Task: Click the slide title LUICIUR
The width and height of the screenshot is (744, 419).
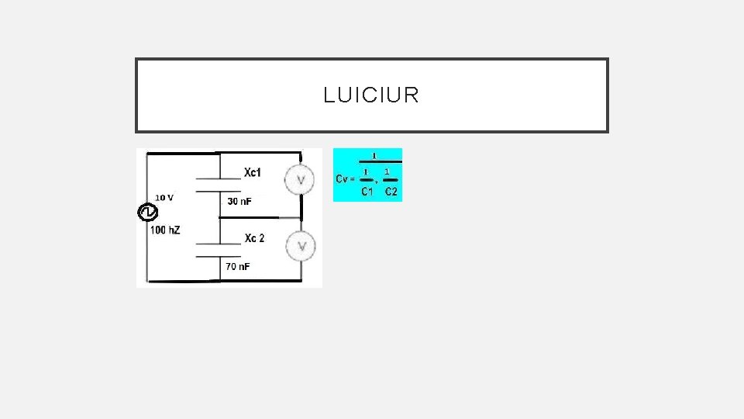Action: [x=371, y=95]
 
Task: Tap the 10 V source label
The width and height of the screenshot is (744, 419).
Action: [x=164, y=197]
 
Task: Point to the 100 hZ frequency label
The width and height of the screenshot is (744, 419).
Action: [x=165, y=230]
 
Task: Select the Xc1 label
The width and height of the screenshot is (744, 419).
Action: [x=253, y=171]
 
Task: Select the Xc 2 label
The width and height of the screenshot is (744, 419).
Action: [x=254, y=238]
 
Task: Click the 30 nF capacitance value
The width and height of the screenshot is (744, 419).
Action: [x=239, y=202]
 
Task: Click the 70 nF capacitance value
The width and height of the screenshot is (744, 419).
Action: [x=238, y=267]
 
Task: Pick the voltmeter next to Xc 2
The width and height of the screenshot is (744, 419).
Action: [x=300, y=246]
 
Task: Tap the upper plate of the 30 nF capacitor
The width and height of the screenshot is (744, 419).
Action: [x=220, y=178]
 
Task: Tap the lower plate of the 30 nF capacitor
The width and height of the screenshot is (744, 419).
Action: [x=220, y=189]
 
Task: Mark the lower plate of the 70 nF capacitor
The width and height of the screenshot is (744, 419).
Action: [x=220, y=255]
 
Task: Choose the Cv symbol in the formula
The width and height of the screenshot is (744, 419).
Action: [x=342, y=178]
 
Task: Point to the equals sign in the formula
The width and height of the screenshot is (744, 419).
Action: [x=353, y=178]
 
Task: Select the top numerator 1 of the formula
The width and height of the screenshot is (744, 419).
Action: [x=375, y=154]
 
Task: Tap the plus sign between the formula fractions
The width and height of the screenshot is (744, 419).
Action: [x=377, y=182]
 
